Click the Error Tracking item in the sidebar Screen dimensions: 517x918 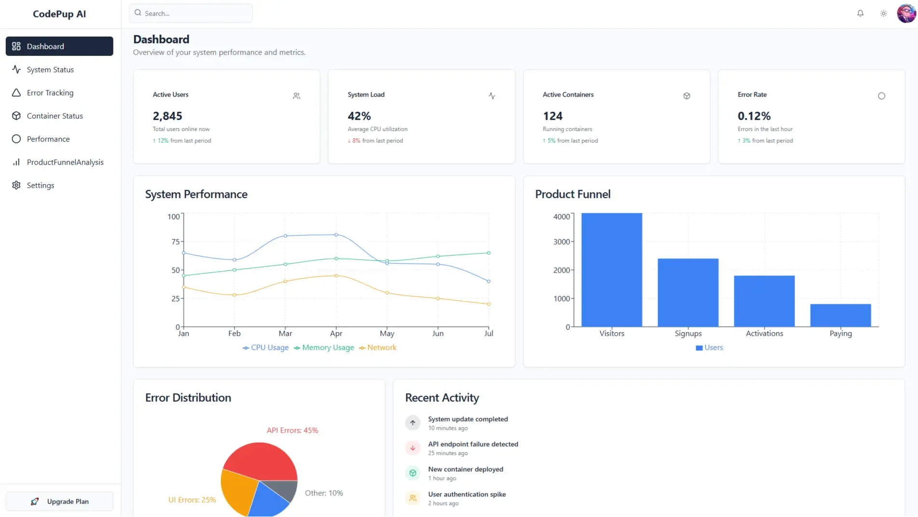point(50,93)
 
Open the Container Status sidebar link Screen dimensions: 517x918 point(55,116)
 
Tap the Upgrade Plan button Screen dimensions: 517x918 point(59,502)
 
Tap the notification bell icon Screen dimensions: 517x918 point(860,14)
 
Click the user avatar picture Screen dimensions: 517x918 point(906,14)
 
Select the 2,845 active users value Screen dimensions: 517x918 point(167,116)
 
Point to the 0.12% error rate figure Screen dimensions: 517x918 point(754,116)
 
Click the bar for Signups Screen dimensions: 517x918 point(688,292)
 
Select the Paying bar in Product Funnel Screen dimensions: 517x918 point(840,315)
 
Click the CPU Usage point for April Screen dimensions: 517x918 point(336,235)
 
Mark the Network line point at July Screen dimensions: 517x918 point(489,304)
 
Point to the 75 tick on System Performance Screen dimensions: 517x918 point(175,242)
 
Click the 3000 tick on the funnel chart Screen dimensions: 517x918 point(562,242)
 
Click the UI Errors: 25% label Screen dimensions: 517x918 point(192,500)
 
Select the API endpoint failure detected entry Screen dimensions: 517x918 point(473,444)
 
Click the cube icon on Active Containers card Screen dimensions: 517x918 point(686,96)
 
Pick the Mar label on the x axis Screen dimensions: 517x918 point(285,334)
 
